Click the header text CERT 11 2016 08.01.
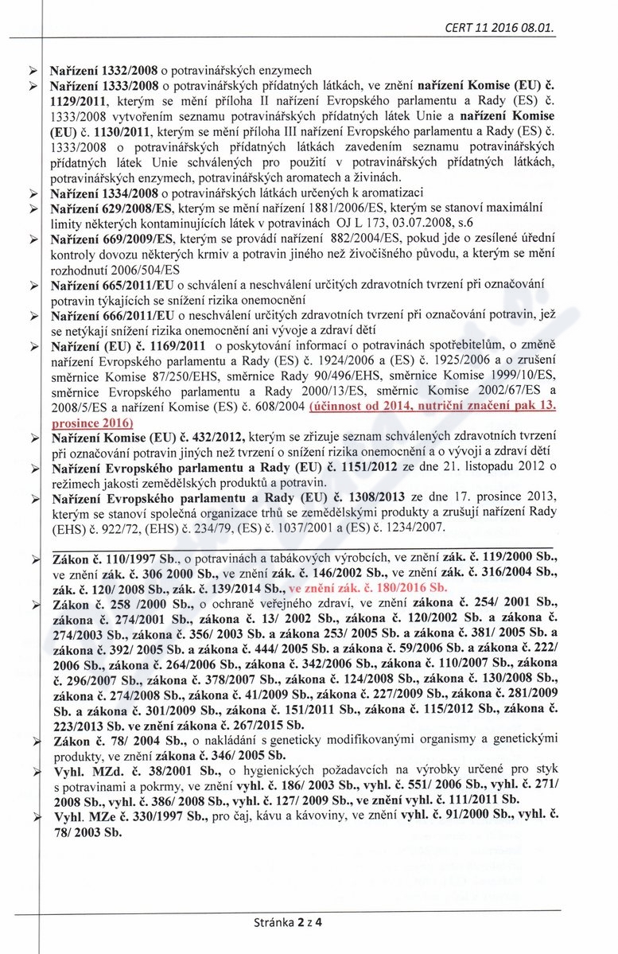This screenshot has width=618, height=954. (500, 29)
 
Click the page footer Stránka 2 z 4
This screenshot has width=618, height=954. (292, 924)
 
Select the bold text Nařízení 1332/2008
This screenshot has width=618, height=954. (104, 70)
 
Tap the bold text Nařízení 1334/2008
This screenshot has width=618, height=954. (104, 193)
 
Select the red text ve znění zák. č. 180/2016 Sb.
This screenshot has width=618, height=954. (367, 589)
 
